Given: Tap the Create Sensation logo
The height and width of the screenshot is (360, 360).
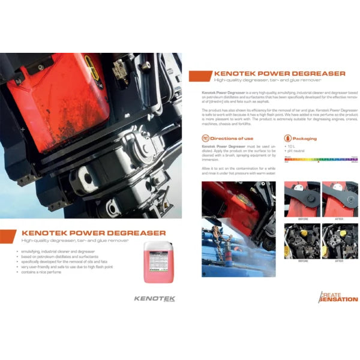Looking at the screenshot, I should point(338,296).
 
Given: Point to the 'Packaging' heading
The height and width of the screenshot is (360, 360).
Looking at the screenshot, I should point(305,139).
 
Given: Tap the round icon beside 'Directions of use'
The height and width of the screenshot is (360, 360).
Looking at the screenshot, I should point(205,139).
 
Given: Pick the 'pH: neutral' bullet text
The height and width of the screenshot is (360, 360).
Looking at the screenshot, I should point(297,150).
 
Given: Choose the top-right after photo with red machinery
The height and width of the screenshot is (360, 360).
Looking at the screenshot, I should point(340,200).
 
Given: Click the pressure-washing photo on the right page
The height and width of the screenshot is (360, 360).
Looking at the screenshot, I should point(238,229).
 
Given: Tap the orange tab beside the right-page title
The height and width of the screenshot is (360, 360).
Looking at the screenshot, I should point(199,76).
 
